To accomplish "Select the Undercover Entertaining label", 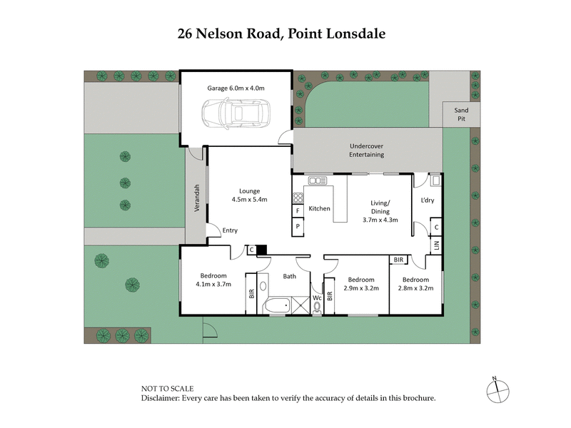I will pyautogui.click(x=366, y=149).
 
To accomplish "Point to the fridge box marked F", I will pyautogui.click(x=298, y=211).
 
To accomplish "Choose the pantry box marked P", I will pyautogui.click(x=298, y=227).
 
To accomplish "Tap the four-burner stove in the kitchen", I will pyautogui.click(x=298, y=196).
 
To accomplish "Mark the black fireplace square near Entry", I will pyautogui.click(x=262, y=250).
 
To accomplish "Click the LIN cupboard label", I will pyautogui.click(x=436, y=245).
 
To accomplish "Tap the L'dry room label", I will pyautogui.click(x=428, y=200).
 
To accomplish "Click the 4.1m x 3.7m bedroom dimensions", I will pyautogui.click(x=213, y=285).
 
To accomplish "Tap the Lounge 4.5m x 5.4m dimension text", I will pyautogui.click(x=248, y=200).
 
